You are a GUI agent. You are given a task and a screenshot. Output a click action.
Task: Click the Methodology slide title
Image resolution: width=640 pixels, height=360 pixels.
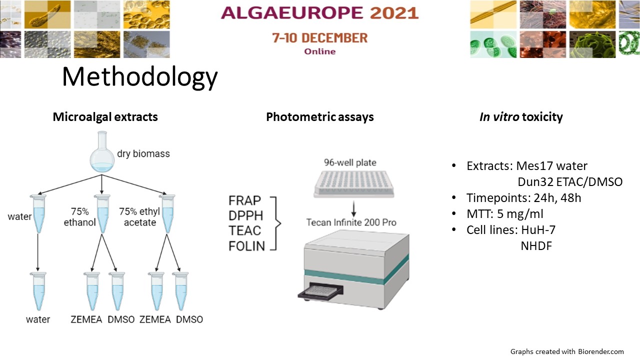[x=139, y=76]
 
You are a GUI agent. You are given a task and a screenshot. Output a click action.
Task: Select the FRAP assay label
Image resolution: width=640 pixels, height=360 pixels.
[x=244, y=200]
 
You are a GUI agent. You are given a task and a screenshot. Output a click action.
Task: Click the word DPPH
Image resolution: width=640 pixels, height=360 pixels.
[x=245, y=215]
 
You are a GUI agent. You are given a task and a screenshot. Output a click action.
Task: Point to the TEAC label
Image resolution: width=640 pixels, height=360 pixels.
[x=245, y=231]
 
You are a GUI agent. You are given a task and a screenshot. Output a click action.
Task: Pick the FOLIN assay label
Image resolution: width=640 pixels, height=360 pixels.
[x=247, y=246]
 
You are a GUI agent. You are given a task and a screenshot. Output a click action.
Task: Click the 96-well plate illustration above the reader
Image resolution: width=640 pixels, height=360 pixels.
[x=353, y=184]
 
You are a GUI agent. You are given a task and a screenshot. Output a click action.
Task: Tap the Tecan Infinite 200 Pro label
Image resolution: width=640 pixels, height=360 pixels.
[x=351, y=222]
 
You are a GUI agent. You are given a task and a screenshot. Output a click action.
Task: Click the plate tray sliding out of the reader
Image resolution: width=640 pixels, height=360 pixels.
[x=320, y=291]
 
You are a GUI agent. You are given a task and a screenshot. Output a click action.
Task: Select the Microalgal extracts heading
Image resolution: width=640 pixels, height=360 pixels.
[x=105, y=117]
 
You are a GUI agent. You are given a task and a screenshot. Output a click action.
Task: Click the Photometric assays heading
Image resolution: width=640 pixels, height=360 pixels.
[x=319, y=117]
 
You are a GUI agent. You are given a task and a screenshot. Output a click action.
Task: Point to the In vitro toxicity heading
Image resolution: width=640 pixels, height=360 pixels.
[x=521, y=117]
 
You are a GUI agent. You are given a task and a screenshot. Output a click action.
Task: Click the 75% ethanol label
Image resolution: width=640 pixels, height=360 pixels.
[x=79, y=217]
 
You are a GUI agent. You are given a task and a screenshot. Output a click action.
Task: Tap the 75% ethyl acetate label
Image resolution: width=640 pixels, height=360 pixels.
[x=139, y=217]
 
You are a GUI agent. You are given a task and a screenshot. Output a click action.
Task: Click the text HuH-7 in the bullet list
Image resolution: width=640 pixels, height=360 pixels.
[x=538, y=229]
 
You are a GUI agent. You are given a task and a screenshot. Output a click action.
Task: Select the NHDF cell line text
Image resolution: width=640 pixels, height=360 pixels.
[x=536, y=246]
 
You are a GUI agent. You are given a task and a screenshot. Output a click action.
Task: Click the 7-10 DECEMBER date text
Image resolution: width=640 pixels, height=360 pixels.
[x=319, y=38]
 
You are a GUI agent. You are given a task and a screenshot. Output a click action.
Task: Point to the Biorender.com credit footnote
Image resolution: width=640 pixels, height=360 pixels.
[x=567, y=351]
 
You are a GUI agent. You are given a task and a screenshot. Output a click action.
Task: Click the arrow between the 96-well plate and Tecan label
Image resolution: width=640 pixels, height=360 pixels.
[x=353, y=209]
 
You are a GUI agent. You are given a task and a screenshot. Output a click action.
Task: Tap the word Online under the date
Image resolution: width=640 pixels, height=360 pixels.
[x=319, y=51]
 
